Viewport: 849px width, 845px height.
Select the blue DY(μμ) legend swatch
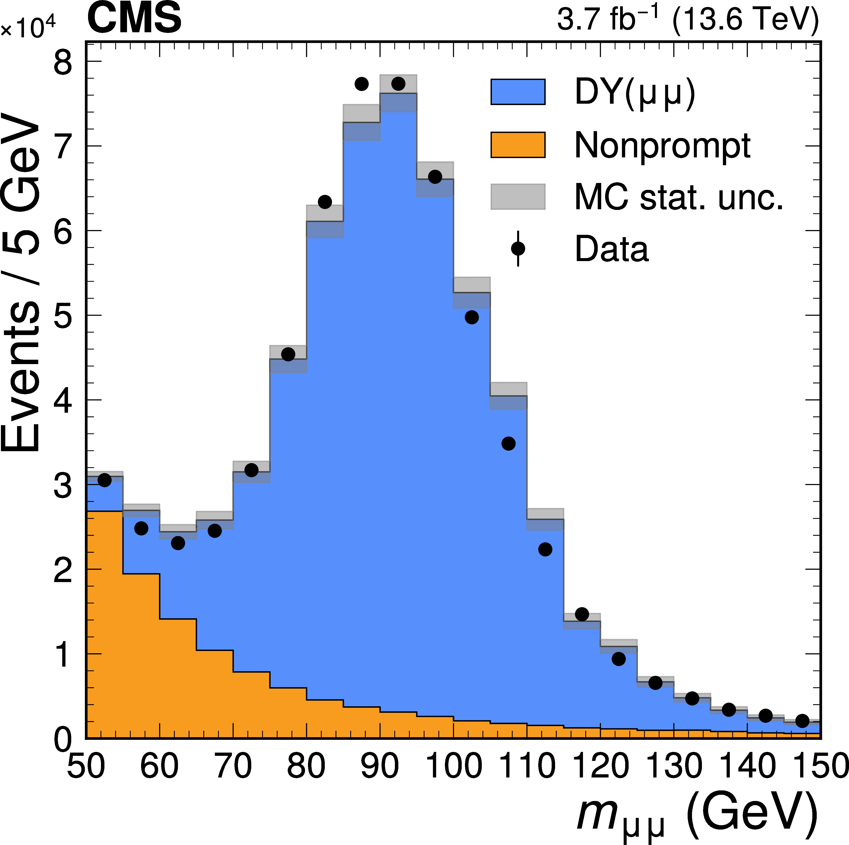518,92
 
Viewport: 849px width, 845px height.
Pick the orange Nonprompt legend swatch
518,144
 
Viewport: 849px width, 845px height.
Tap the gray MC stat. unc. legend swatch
518,196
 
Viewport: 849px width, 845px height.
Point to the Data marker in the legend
518,249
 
